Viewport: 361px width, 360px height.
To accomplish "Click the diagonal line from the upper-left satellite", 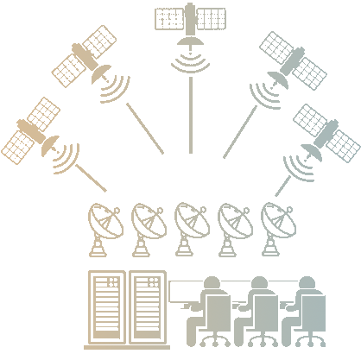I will point(144,130).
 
